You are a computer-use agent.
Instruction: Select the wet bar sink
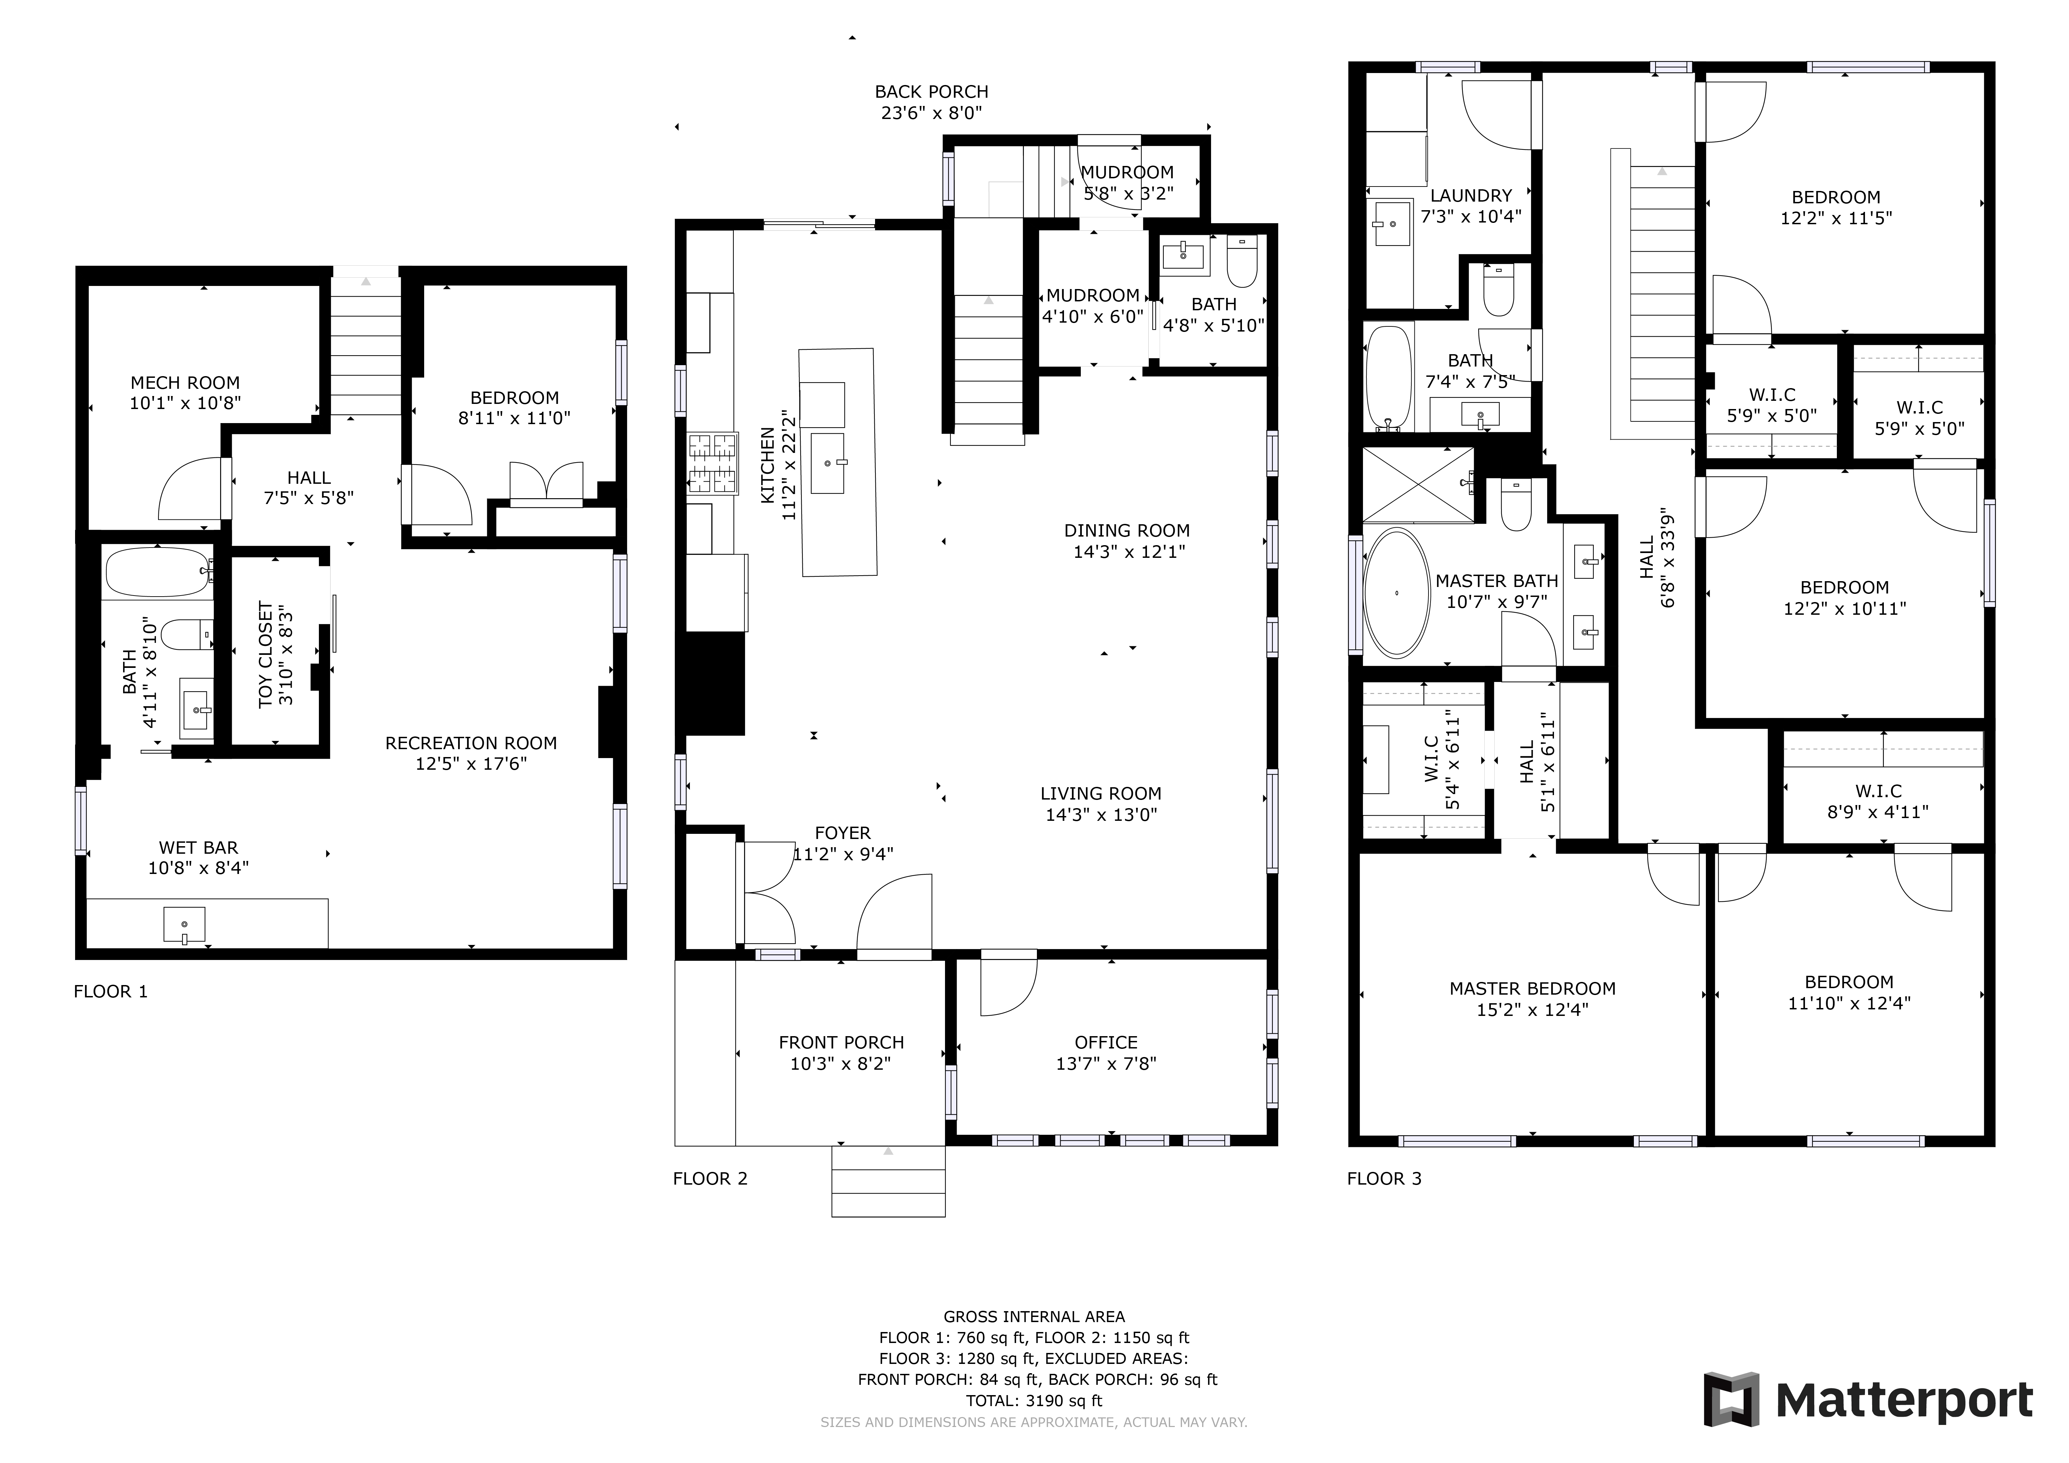pyautogui.click(x=184, y=925)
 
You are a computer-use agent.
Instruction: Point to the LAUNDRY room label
pyautogui.click(x=1471, y=195)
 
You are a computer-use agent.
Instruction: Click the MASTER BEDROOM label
pyautogui.click(x=1532, y=988)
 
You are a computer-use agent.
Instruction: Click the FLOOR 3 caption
pyautogui.click(x=1384, y=1178)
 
